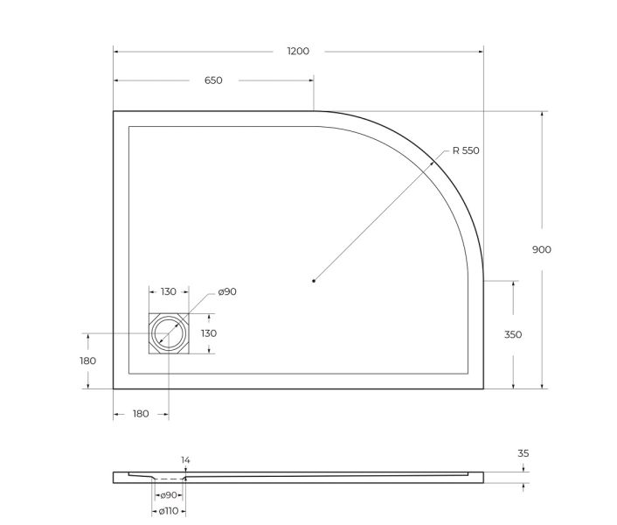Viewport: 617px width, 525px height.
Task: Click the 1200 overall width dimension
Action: coord(298,51)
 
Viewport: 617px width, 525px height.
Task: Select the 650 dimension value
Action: coord(213,80)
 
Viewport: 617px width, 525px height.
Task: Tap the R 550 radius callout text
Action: coord(466,150)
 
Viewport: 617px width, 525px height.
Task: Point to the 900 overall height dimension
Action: coord(542,249)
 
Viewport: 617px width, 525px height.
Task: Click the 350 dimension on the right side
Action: coord(512,334)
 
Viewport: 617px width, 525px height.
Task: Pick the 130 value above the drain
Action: coord(169,291)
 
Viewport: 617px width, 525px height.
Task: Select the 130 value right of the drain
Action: coord(209,333)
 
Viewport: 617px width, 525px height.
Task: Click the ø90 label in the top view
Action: coord(226,291)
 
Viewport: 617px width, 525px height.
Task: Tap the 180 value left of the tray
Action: coord(87,360)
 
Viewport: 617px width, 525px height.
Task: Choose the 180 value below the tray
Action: coord(141,413)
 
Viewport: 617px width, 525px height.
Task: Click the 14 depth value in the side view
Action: coord(184,459)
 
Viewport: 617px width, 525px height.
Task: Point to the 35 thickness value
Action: coord(523,453)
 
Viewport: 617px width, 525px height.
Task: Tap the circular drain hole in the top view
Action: coord(169,333)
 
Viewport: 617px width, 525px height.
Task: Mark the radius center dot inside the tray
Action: coord(314,281)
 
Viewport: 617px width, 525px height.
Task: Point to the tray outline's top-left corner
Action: coord(114,112)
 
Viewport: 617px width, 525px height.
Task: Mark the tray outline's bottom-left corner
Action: coord(114,388)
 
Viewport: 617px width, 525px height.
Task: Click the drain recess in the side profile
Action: coord(168,479)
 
